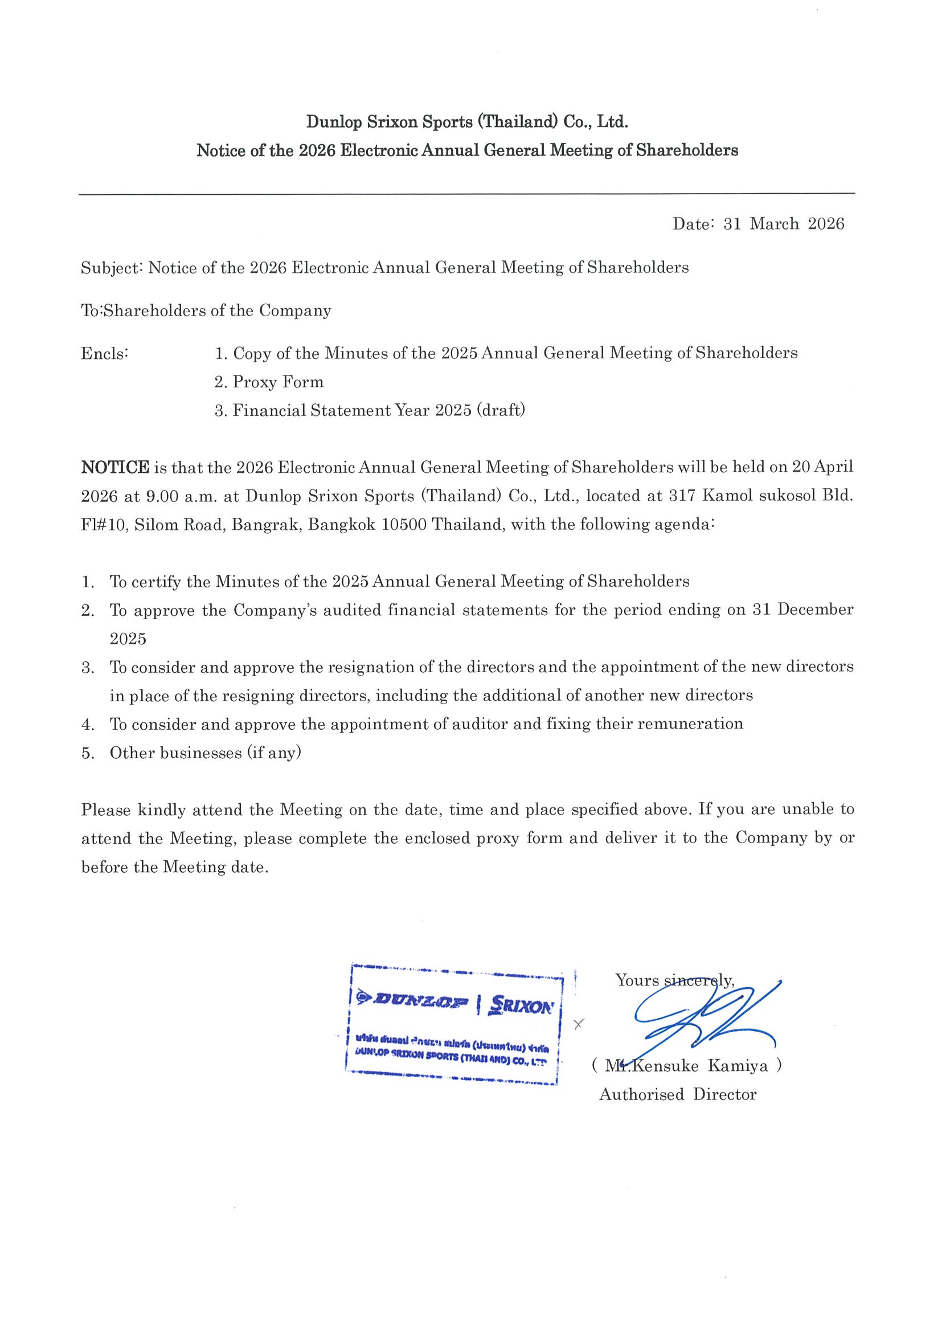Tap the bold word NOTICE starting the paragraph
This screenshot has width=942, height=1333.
coord(116,467)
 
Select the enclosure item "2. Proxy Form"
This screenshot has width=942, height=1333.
coord(269,382)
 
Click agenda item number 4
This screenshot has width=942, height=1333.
coord(88,724)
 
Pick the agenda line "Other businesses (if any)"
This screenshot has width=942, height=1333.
coord(206,753)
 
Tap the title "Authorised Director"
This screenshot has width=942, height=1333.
coord(677,1094)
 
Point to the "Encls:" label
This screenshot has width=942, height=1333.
coord(104,354)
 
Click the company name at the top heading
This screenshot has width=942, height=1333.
coord(467,122)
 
